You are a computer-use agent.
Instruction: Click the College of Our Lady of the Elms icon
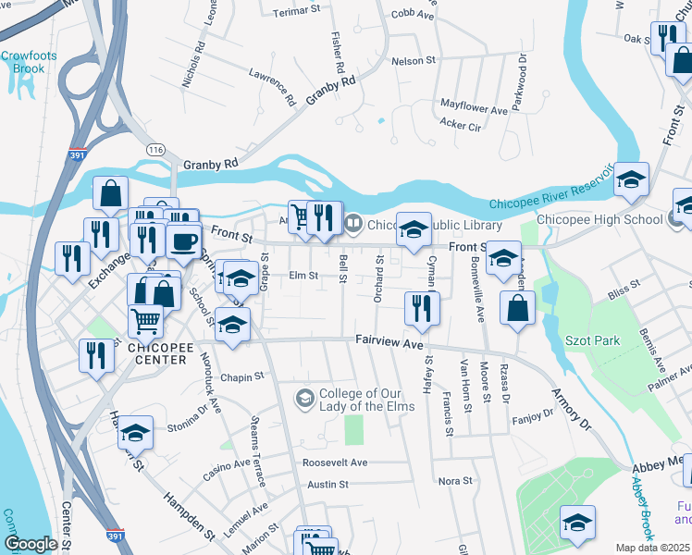coord(304,399)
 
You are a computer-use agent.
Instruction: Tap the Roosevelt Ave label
coord(335,462)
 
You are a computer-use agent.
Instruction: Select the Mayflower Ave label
coord(475,109)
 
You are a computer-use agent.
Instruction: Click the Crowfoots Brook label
coord(22,62)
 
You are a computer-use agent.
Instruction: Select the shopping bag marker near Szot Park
coord(517,307)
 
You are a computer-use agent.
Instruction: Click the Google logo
coord(31,544)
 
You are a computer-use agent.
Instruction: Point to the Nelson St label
coord(414,60)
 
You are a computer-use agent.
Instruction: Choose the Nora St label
coord(455,481)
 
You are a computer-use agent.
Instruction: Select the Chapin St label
coord(242,376)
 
